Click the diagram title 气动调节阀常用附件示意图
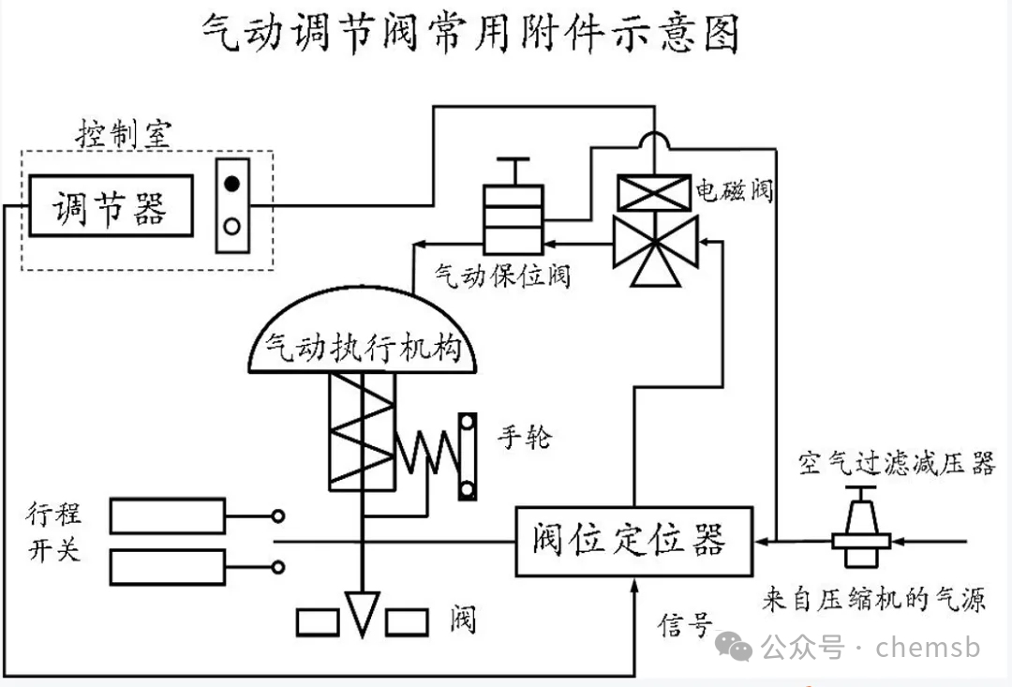(471, 35)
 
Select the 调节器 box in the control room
(111, 206)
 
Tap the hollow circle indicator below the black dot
(232, 226)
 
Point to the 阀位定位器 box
(634, 542)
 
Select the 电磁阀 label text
(735, 190)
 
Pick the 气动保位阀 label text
(502, 276)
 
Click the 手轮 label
(526, 437)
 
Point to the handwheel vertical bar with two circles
(467, 457)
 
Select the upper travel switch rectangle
(167, 515)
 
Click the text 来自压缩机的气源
(873, 599)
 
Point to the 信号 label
(685, 625)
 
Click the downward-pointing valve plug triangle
(361, 613)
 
